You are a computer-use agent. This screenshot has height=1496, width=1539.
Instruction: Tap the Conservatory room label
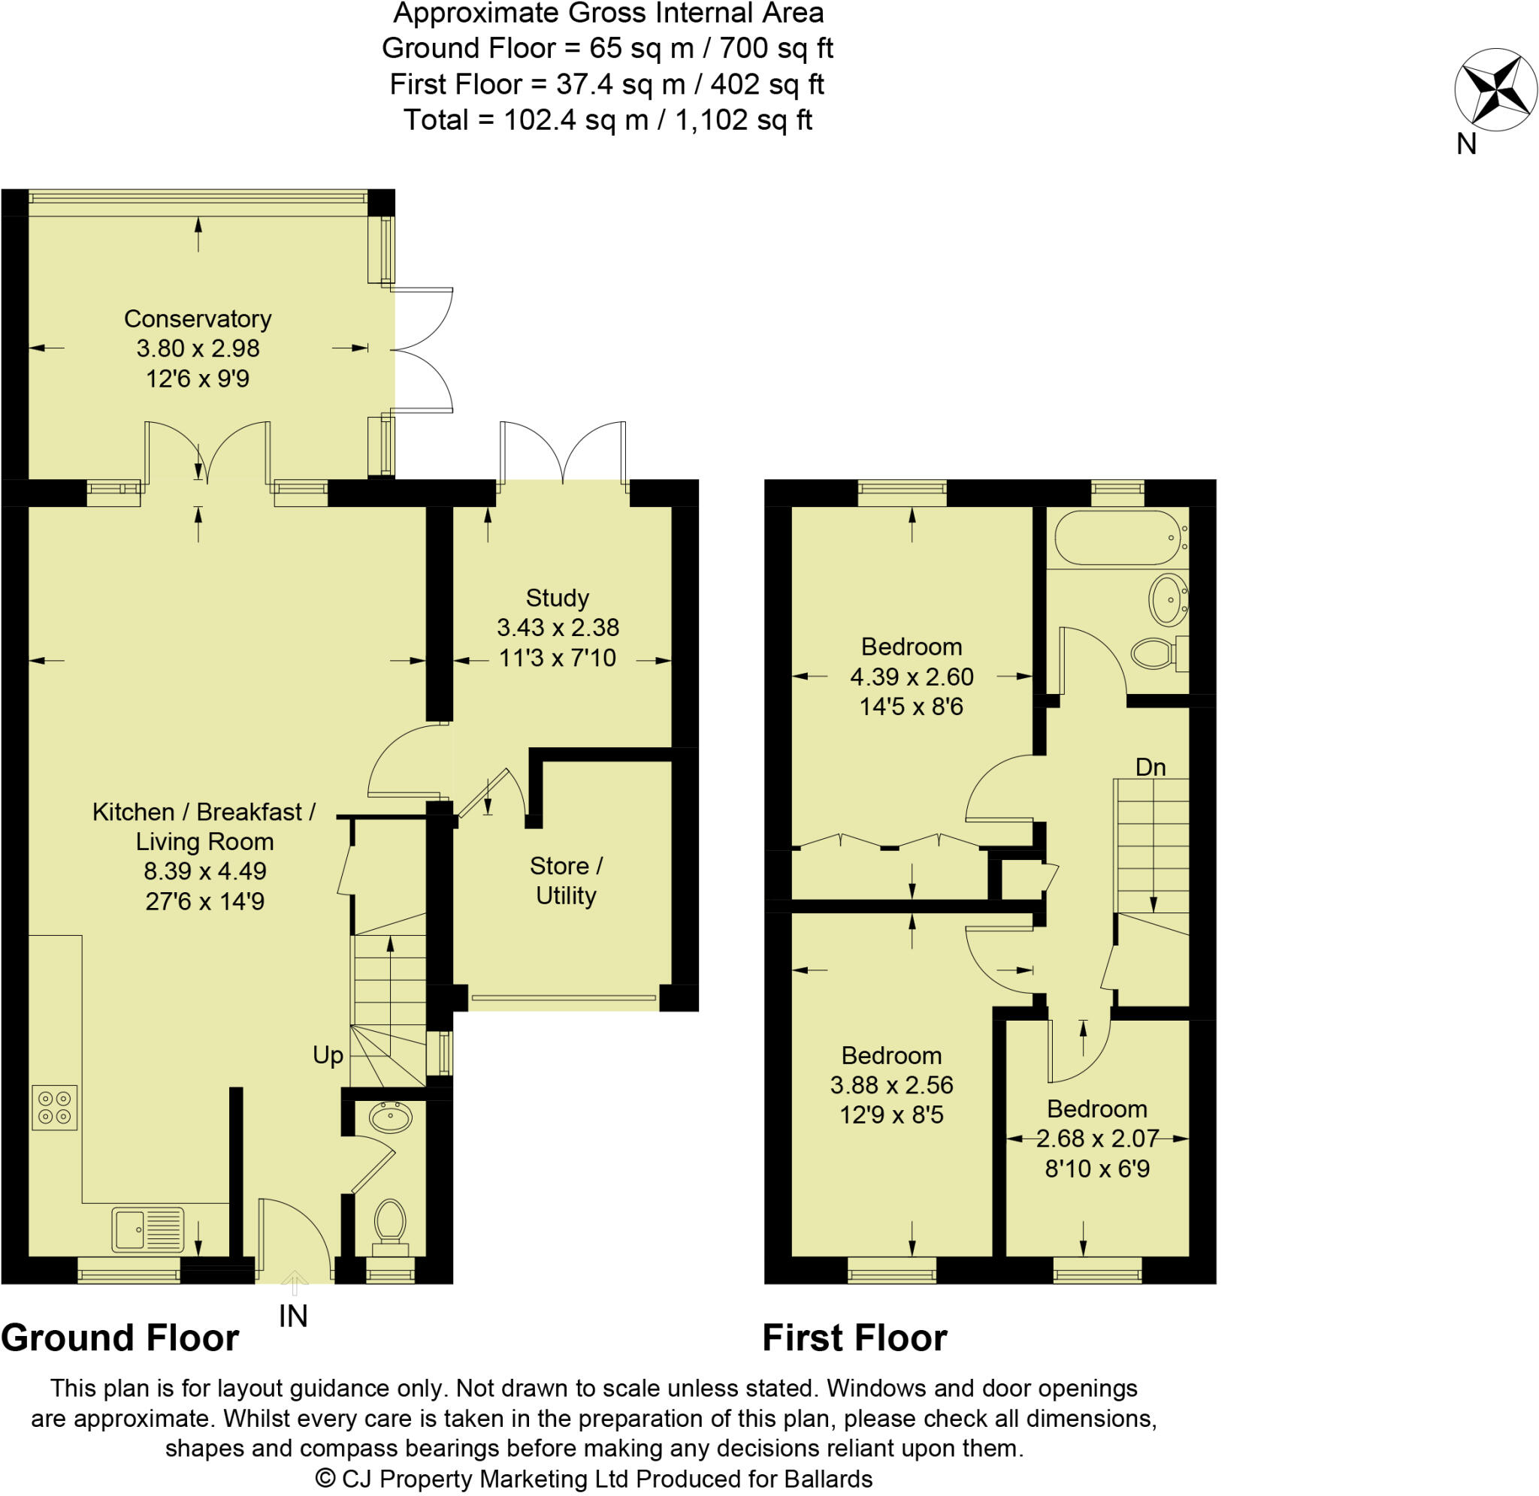198,319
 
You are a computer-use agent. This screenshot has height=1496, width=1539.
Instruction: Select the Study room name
557,598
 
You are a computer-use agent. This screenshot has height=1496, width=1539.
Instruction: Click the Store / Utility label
565,880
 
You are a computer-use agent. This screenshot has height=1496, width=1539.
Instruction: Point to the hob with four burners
54,1108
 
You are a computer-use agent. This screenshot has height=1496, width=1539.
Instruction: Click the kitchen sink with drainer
147,1229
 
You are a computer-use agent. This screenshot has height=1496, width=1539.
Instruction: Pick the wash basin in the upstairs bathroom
1168,599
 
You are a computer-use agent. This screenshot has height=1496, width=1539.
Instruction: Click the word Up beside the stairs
328,1055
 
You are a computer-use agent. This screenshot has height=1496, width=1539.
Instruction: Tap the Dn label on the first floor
1150,767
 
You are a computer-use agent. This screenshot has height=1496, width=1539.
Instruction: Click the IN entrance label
293,1316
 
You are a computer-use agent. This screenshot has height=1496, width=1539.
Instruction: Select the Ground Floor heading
119,1338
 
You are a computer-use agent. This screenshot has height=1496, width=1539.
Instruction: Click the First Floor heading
854,1338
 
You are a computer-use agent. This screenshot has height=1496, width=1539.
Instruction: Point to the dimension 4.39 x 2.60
911,677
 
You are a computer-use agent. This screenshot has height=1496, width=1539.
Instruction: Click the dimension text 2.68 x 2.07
1096,1139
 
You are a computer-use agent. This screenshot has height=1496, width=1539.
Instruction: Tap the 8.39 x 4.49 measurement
204,870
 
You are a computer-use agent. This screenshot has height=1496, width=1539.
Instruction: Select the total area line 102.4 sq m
606,120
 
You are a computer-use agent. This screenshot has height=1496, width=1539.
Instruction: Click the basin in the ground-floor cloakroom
391,1117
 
